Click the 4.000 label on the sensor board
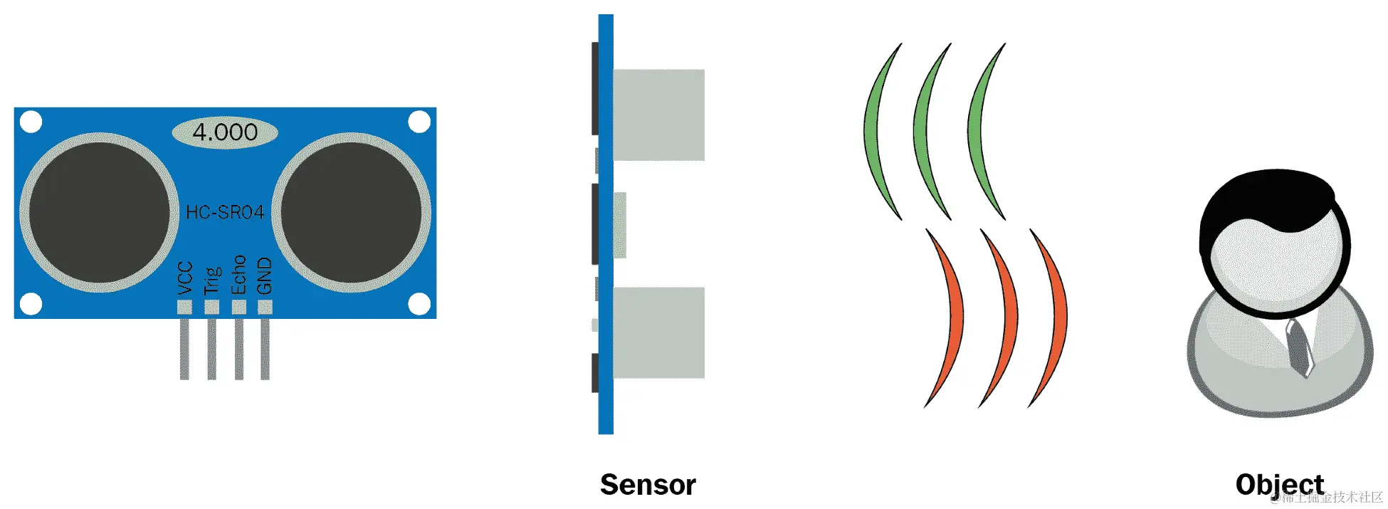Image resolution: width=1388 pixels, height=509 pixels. pyautogui.click(x=225, y=132)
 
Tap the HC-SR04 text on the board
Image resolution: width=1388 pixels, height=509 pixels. pyautogui.click(x=225, y=212)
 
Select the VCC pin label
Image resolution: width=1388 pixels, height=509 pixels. pyautogui.click(x=184, y=278)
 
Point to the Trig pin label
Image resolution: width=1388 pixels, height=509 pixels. pyautogui.click(x=212, y=280)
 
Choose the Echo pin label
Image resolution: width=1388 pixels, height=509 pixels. pyautogui.click(x=238, y=275)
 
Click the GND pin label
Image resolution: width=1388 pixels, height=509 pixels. pyautogui.click(x=265, y=276)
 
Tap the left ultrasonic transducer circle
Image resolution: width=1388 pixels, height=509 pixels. pyautogui.click(x=100, y=212)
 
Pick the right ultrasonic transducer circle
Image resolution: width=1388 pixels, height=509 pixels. pyautogui.click(x=352, y=212)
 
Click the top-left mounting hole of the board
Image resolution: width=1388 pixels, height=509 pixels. pyautogui.click(x=31, y=122)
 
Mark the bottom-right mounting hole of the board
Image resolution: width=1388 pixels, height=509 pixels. pyautogui.click(x=419, y=304)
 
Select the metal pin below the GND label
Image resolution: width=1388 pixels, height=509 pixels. pyautogui.click(x=265, y=349)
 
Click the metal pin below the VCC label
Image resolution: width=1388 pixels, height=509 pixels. pyautogui.click(x=184, y=349)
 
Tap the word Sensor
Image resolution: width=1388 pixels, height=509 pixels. pyautogui.click(x=648, y=485)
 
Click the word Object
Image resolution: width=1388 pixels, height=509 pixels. pyautogui.click(x=1279, y=485)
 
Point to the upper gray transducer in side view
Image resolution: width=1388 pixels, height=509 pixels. pyautogui.click(x=658, y=115)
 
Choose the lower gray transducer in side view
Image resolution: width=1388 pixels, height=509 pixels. pyautogui.click(x=658, y=332)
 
